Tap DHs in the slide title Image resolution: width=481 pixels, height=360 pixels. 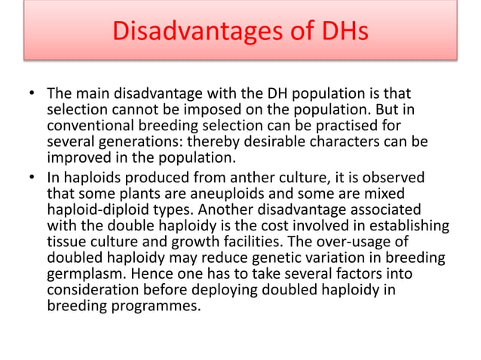click(x=343, y=31)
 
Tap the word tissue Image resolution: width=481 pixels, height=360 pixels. click(x=66, y=241)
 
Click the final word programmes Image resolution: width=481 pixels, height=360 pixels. click(x=151, y=307)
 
